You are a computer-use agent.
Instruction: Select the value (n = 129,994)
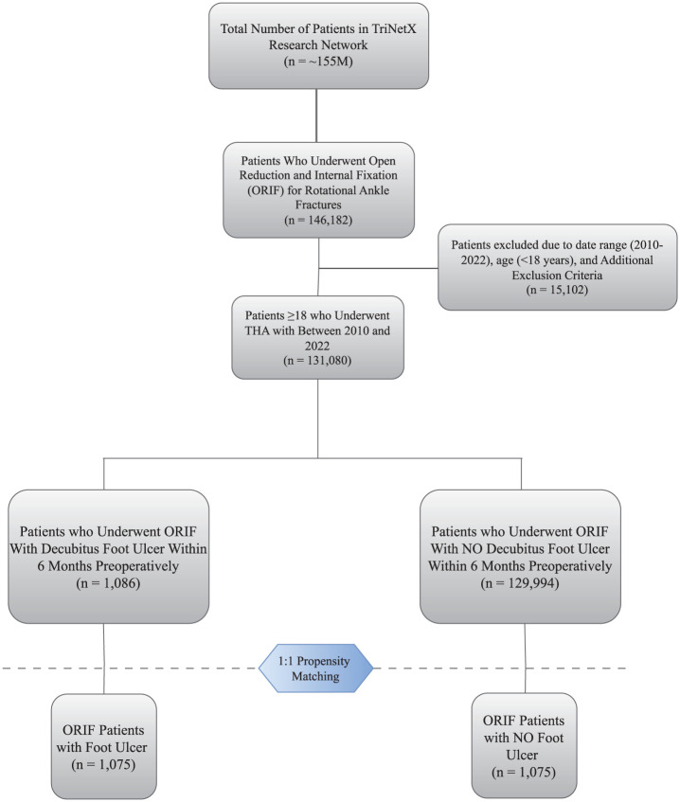[x=524, y=584]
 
